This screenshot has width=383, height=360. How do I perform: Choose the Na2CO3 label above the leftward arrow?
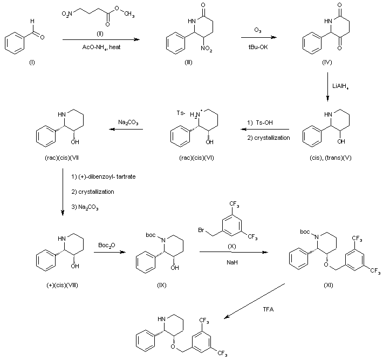126,123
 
